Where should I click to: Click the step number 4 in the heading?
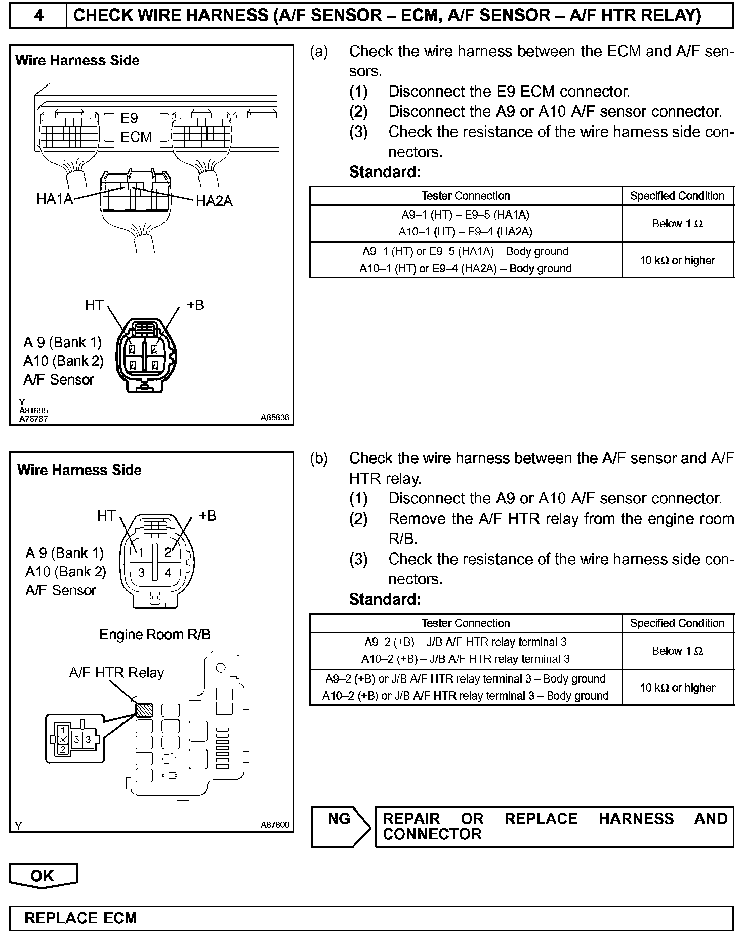[x=38, y=15]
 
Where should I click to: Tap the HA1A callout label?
[x=55, y=199]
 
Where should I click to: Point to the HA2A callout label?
[x=214, y=201]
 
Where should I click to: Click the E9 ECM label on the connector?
[x=136, y=127]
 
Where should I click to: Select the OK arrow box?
[x=43, y=876]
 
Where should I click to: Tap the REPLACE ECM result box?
[x=81, y=918]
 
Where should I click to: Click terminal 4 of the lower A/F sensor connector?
[x=168, y=573]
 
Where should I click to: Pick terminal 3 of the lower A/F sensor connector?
[x=142, y=573]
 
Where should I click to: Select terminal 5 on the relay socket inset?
[x=77, y=739]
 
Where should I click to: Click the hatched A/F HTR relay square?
[x=144, y=710]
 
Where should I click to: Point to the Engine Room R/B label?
[x=154, y=635]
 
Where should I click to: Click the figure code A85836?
[x=275, y=418]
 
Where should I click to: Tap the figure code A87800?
[x=275, y=825]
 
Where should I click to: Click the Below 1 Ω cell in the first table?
[x=677, y=224]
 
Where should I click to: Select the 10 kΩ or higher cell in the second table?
[x=677, y=688]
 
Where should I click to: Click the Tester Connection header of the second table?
[x=465, y=623]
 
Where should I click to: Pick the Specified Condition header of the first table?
[x=677, y=196]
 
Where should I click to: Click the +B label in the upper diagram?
[x=195, y=305]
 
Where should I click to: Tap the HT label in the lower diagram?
[x=106, y=516]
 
